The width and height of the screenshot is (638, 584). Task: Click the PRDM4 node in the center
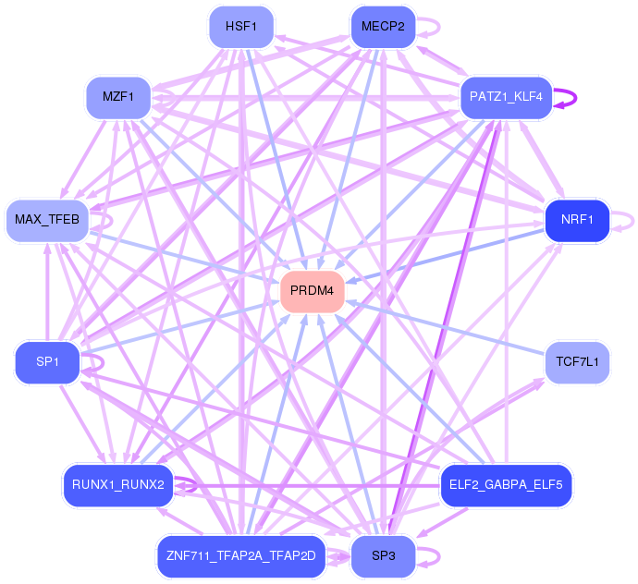click(313, 291)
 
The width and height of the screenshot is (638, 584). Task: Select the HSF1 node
click(241, 27)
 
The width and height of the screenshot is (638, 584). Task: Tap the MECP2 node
click(383, 27)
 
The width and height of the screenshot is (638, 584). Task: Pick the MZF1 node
click(118, 97)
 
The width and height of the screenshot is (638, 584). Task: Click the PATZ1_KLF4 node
click(506, 97)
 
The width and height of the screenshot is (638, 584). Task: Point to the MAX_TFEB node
click(47, 220)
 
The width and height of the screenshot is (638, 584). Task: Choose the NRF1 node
click(577, 220)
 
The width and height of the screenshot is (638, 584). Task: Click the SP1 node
click(47, 362)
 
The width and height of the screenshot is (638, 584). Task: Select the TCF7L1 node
click(577, 362)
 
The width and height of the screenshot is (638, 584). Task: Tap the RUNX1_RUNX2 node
click(118, 485)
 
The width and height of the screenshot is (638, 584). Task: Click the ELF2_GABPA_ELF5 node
click(506, 485)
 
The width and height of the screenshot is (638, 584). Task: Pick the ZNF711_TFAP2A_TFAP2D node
click(241, 556)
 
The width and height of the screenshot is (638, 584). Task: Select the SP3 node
click(383, 556)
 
